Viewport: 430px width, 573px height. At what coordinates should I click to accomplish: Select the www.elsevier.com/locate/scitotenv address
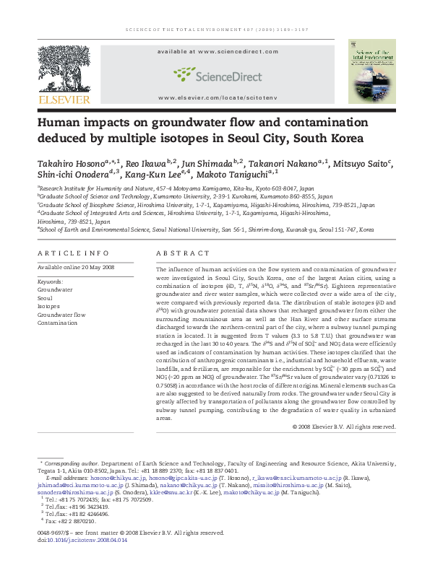coord(217,97)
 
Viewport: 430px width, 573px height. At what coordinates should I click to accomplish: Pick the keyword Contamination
coord(57,323)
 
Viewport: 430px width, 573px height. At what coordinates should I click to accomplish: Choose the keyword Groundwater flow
coord(61,315)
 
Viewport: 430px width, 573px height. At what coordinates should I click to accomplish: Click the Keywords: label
coord(50,281)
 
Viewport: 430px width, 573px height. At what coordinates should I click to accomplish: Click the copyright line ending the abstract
coord(345,427)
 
